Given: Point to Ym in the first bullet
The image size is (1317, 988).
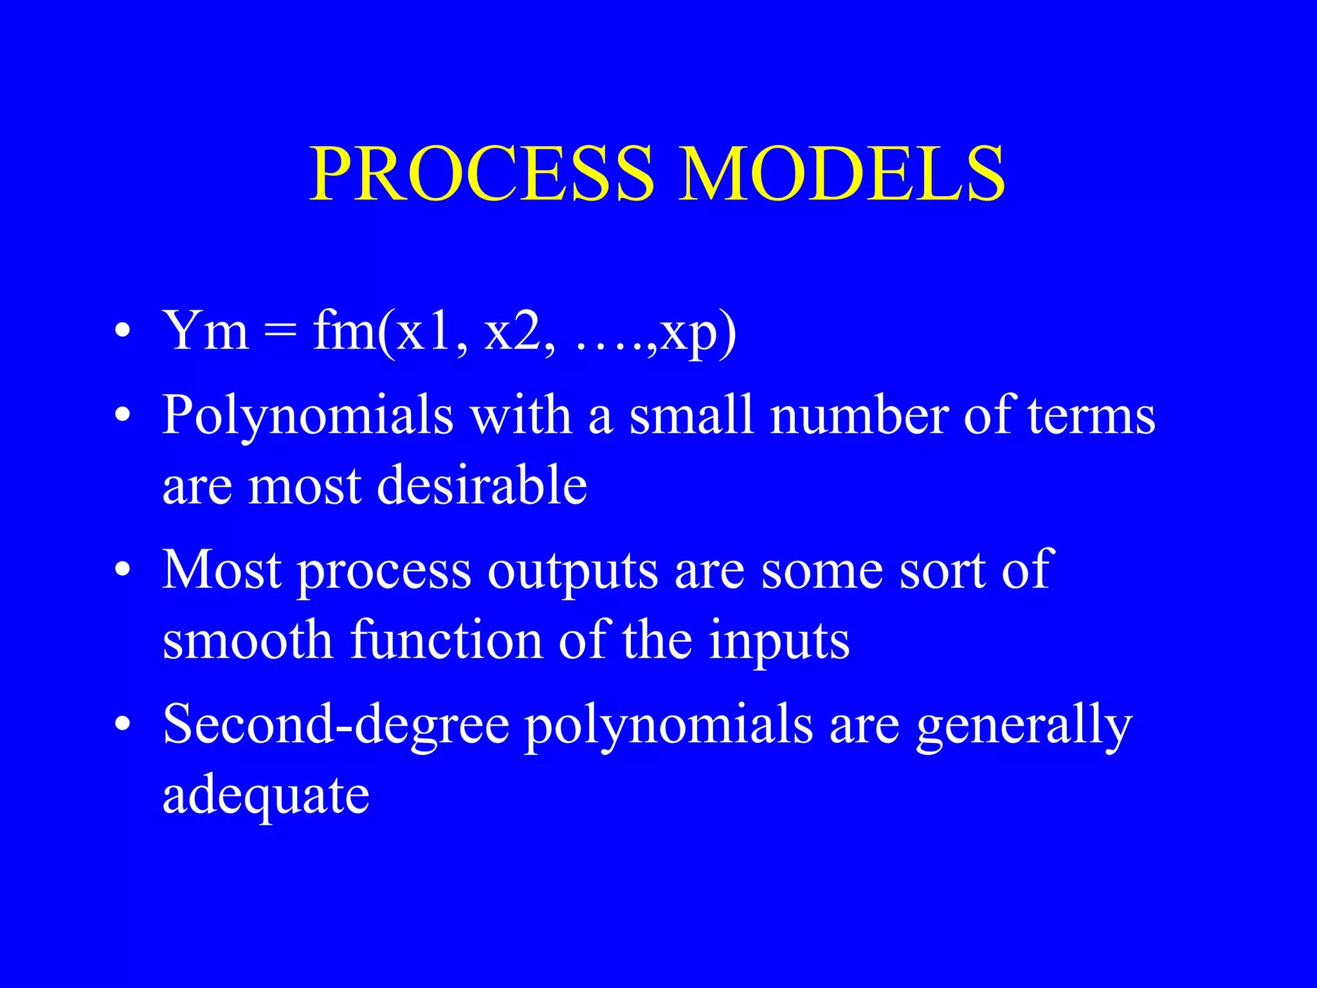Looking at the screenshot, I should click(206, 331).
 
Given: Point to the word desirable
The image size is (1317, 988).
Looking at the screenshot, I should click(482, 485).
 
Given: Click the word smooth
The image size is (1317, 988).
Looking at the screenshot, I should click(248, 640).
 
